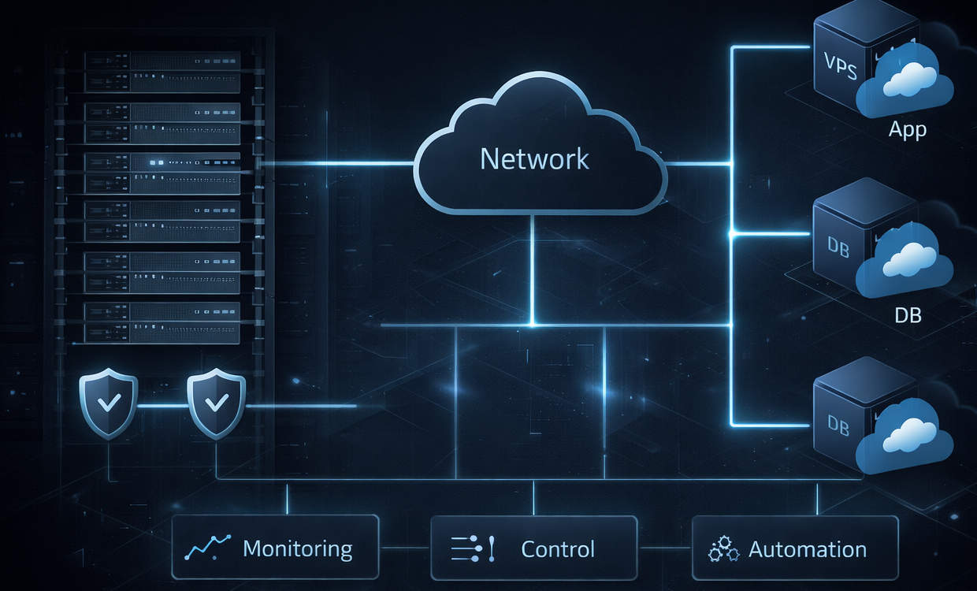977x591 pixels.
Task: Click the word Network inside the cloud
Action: [534, 159]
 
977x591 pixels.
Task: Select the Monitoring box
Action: [275, 548]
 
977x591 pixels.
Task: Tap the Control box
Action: [533, 548]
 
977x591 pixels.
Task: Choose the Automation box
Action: [794, 548]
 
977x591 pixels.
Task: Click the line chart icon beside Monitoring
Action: [207, 548]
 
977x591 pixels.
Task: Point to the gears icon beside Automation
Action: [723, 548]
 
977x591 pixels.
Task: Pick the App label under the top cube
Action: [907, 130]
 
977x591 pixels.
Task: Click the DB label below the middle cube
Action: [908, 315]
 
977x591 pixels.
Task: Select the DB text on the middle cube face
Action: [838, 245]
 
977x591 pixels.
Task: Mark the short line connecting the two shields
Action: [162, 406]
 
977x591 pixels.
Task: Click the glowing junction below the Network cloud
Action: [533, 325]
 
